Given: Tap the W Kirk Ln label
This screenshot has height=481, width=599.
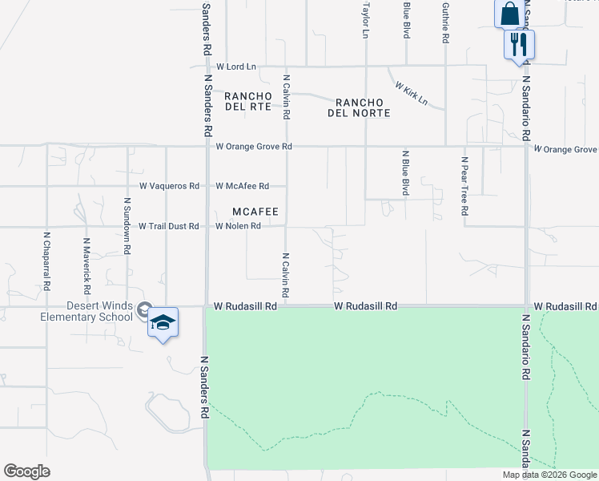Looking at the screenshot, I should point(411,93).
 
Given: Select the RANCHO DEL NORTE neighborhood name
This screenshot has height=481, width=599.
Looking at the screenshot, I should point(359,107).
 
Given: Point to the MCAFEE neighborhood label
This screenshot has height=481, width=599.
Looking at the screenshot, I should point(255,212).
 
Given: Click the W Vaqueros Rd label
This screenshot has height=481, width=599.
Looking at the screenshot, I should point(169,186).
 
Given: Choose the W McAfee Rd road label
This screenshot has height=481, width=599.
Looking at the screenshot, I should point(242,186).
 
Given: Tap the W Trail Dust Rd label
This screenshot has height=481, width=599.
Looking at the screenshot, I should point(168,226).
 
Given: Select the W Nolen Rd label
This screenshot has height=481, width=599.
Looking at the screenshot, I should point(238,226).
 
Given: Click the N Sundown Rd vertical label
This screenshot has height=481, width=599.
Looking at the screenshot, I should point(127,228).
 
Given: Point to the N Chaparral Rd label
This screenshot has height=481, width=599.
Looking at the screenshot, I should point(46,261).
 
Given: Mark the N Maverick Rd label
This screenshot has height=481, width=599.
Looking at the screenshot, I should point(86,262).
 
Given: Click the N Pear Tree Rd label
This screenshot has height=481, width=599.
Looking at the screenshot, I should point(464,186).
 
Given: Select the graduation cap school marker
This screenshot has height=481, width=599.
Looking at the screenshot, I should point(163,322).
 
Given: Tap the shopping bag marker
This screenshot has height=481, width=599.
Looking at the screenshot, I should point(510,14).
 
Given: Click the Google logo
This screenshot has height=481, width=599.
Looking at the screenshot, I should point(26,471).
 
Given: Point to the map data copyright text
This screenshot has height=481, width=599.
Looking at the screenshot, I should point(549,475).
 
